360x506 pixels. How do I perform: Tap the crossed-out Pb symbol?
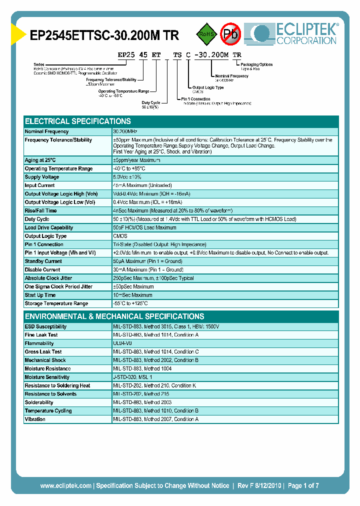pos(230,34)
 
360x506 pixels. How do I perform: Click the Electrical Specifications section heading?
pos(78,121)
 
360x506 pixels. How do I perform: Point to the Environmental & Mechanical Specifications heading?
pos(114,316)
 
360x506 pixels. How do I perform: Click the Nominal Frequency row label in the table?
pos(47,131)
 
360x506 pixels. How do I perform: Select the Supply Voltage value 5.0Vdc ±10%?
pos(128,177)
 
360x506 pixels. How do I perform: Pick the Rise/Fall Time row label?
pos(40,210)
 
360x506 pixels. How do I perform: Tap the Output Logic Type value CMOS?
pos(120,236)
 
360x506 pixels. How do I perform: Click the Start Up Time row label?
pos(40,295)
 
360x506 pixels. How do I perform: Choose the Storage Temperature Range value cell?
pos(131,303)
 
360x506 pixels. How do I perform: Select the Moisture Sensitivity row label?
pos(46,377)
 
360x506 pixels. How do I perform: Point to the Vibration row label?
pos(35,419)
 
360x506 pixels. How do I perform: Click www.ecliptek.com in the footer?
pos(65,485)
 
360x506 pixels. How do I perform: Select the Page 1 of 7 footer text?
pos(303,485)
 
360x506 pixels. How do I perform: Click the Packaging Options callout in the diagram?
pos(256,64)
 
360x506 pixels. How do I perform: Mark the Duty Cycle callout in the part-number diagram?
pos(150,103)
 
